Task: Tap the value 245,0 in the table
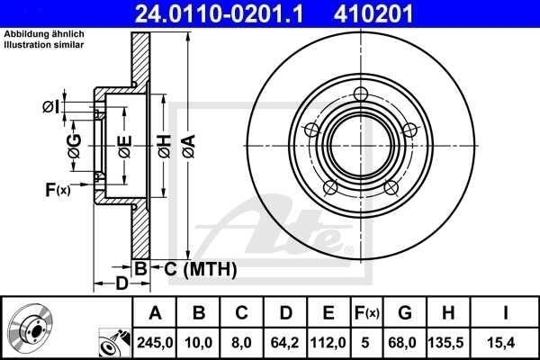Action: tap(155, 343)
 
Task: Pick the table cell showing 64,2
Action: tap(285, 343)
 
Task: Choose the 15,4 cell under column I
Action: tap(506, 343)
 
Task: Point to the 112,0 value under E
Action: tap(328, 343)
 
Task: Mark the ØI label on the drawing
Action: tap(51, 108)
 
